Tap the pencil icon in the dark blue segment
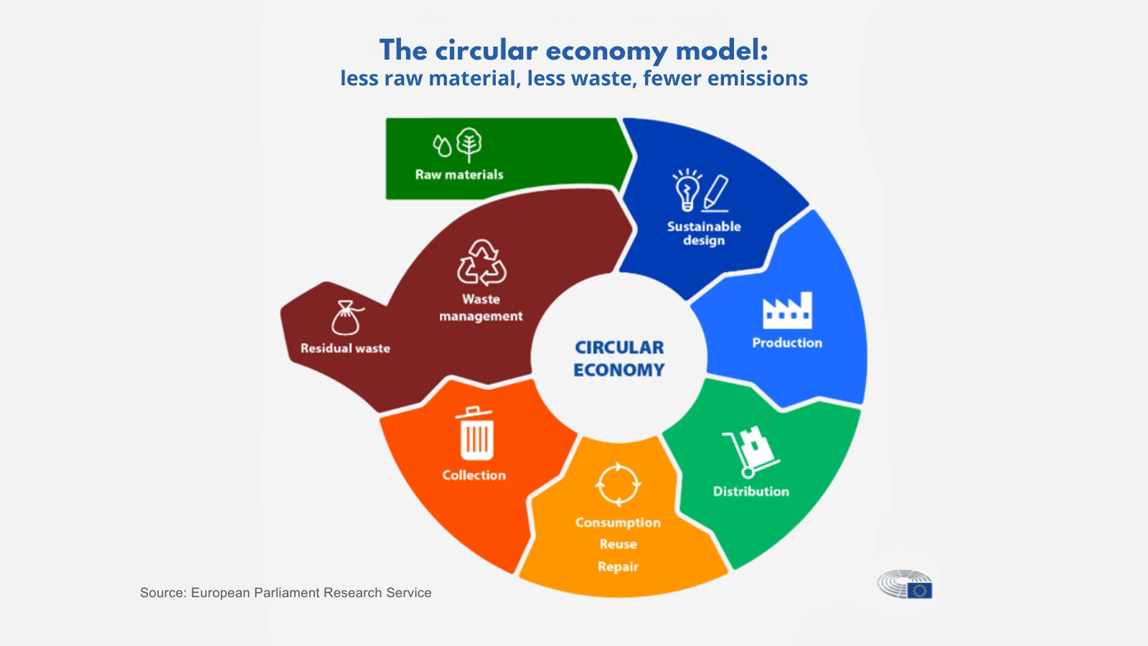715,193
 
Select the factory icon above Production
787,311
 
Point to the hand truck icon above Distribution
751,451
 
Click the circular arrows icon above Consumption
618,484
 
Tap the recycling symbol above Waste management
481,263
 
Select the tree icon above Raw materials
469,145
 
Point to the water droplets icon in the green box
442,146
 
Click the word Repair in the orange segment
618,567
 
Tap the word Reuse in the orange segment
618,544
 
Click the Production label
787,342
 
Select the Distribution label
751,491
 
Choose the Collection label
474,475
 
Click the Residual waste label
345,348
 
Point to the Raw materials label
459,175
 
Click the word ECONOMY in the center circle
618,370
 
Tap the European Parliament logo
905,584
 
